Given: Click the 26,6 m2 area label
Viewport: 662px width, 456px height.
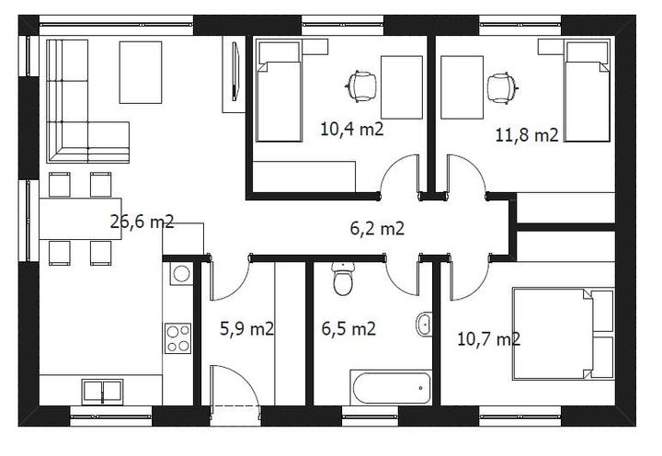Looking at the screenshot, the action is point(142,222).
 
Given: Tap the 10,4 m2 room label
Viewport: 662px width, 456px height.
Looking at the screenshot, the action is point(352,129).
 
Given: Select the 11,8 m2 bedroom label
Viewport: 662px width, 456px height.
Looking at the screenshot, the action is point(527,135).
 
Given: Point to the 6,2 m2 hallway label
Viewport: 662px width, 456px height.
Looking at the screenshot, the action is point(377,228).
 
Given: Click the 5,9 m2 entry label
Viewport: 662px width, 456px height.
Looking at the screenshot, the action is point(247,328).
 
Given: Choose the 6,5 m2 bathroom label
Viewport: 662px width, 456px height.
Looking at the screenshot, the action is point(348,328).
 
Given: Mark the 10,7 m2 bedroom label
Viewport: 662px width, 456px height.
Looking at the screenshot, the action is point(489,339).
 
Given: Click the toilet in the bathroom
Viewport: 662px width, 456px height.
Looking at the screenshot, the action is point(343,279).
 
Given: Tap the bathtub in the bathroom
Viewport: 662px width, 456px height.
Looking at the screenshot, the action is point(391,388).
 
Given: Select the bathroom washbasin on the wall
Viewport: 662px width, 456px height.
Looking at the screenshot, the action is point(424,325).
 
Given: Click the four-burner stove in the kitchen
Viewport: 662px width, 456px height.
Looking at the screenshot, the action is point(177,338).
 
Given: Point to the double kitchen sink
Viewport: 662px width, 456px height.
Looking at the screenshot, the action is point(103,392).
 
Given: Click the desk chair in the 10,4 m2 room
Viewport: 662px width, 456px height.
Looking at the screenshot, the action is point(361,86).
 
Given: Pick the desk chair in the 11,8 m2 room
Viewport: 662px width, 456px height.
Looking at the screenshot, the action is point(503,88).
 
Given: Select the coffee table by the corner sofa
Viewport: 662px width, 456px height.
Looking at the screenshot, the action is point(141,73).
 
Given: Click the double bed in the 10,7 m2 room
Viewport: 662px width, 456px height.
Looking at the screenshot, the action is point(564,334).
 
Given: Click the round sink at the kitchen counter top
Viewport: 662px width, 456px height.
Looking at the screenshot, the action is point(181,274).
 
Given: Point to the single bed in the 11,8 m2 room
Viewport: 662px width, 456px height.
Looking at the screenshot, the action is point(588,91).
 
